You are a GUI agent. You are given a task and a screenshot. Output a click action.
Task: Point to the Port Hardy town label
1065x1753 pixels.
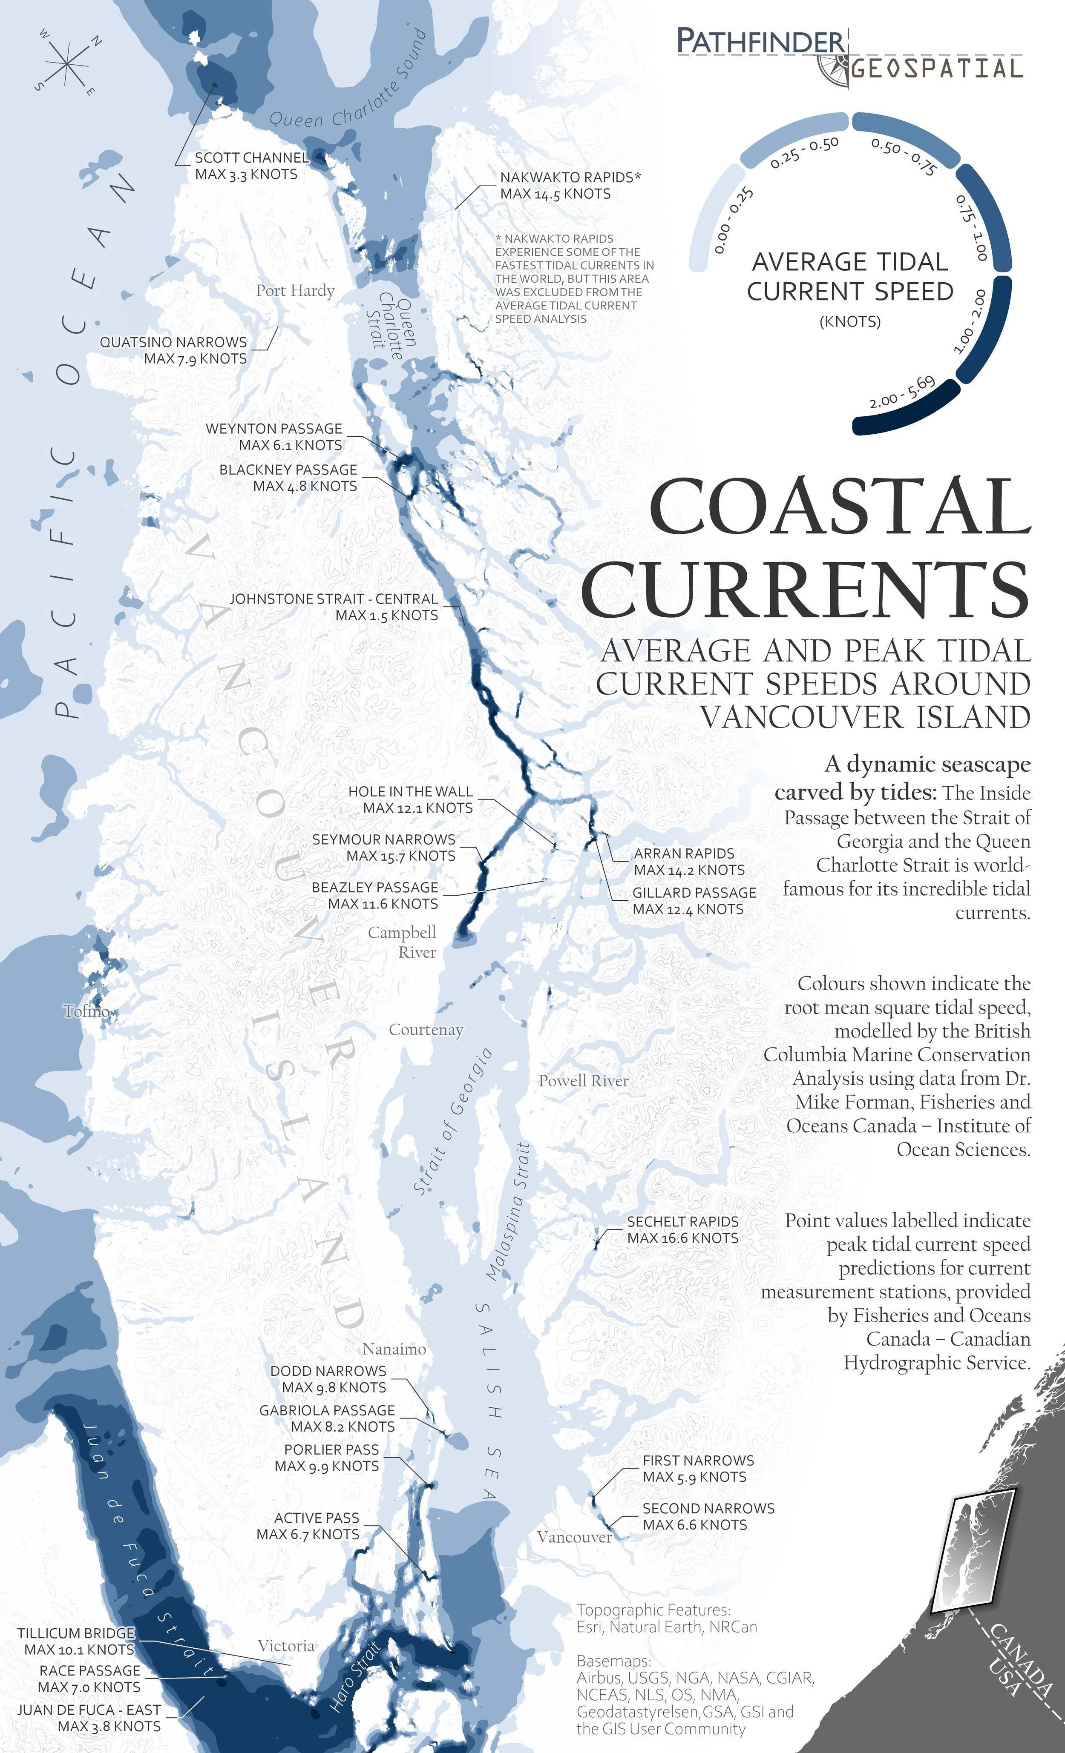click(x=295, y=290)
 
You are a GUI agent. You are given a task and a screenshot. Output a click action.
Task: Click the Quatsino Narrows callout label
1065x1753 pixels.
click(x=173, y=350)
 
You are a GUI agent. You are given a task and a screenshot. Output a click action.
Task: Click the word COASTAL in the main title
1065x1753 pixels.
click(x=840, y=507)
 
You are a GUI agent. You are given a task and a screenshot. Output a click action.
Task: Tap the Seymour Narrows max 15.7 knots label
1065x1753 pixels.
click(x=384, y=847)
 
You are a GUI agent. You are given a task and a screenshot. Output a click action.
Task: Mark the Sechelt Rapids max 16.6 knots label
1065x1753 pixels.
click(x=682, y=1229)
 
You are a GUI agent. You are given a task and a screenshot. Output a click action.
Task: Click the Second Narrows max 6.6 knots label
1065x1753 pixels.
click(x=708, y=1516)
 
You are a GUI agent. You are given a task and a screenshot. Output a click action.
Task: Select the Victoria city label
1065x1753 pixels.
click(x=285, y=1646)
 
